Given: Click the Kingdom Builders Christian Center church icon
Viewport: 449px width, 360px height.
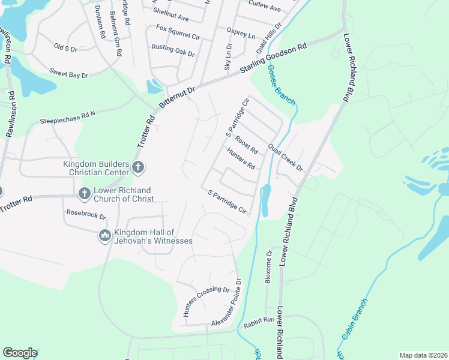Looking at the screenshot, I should pos(137,167).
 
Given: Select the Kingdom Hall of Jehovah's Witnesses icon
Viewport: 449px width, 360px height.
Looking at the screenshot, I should pos(104,236).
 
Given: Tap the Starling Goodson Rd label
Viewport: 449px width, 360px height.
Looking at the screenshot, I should pos(273,58).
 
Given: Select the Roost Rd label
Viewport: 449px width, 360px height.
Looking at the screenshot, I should pos(247,145).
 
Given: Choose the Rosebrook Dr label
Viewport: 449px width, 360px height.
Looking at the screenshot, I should pos(86,215).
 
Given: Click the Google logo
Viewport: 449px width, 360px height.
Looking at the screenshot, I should pos(20,352).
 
